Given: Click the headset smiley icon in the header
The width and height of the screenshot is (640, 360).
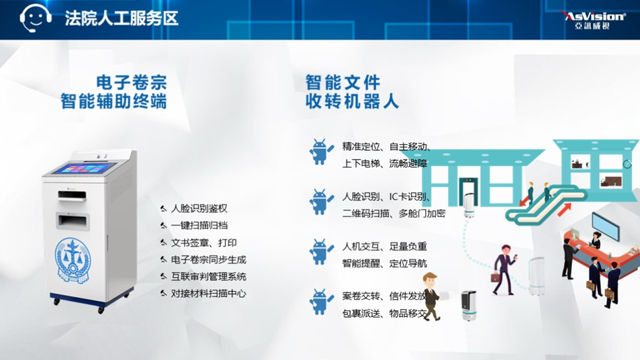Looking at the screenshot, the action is [36, 19].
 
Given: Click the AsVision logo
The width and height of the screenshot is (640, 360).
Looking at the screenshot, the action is [594, 20].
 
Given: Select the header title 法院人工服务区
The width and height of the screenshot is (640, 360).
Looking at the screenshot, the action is [122, 19].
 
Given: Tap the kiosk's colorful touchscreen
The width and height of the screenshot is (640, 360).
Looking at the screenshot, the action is [85, 168].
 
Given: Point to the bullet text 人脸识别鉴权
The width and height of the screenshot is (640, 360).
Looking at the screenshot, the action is [199, 208].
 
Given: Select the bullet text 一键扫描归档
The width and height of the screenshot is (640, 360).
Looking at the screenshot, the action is [199, 225].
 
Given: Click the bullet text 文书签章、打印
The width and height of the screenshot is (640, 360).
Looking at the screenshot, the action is [204, 243].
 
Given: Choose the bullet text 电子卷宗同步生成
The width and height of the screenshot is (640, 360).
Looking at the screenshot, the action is [208, 259].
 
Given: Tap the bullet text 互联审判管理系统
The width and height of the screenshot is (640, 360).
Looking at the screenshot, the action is [208, 277].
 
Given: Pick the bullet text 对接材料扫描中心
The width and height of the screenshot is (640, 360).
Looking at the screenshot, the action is [208, 293].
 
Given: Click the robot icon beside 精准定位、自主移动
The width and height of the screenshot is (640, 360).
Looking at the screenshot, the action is [321, 152].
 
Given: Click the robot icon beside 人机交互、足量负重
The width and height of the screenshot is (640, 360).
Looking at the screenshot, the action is [321, 251].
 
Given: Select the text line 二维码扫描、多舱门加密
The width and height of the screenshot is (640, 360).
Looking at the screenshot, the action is [394, 214].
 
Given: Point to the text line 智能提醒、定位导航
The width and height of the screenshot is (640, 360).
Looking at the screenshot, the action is [385, 263].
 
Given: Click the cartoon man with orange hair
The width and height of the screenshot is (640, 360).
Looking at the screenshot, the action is [431, 296].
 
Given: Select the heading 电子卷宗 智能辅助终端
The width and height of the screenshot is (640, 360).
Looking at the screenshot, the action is [114, 92].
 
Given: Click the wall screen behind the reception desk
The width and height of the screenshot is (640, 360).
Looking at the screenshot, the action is [606, 227].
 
